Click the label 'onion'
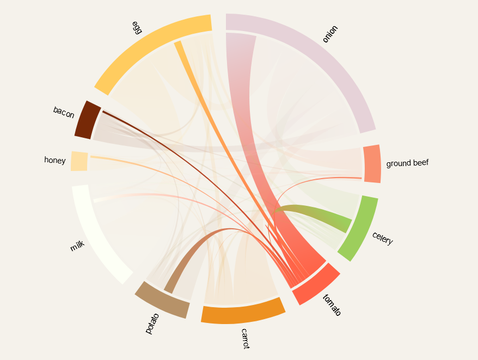pyautogui.click(x=330, y=34)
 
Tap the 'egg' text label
pyautogui.click(x=137, y=28)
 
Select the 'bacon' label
pyautogui.click(x=64, y=112)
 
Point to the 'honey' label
pyautogui.click(x=55, y=160)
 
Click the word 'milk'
pyautogui.click(x=78, y=246)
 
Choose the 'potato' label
pyautogui.click(x=152, y=323)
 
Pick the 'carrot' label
pyautogui.click(x=245, y=338)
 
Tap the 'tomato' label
pyautogui.click(x=332, y=305)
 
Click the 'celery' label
pyautogui.click(x=382, y=239)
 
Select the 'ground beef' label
pyautogui.click(x=408, y=163)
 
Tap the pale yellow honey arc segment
pyautogui.click(x=79, y=161)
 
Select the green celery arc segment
pyautogui.click(x=359, y=228)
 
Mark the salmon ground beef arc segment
pyautogui.click(x=372, y=164)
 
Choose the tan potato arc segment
pyautogui.click(x=162, y=300)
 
